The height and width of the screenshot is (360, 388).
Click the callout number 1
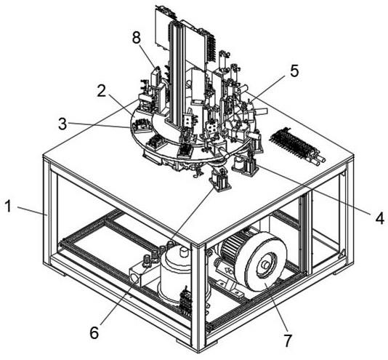point(9,207)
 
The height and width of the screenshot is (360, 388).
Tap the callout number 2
point(102,90)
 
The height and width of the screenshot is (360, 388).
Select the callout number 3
point(62,124)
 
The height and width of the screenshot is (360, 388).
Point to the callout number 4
point(379,218)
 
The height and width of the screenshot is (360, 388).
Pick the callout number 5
point(294,71)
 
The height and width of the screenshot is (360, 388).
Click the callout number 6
point(94,332)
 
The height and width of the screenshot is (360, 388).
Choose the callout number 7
point(287,340)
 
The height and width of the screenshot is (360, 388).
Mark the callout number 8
point(137,38)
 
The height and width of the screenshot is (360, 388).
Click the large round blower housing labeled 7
point(265,261)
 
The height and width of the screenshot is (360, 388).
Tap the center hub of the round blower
point(265,264)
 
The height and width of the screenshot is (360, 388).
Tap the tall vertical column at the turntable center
point(176,74)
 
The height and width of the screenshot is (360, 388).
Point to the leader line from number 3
point(99,125)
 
